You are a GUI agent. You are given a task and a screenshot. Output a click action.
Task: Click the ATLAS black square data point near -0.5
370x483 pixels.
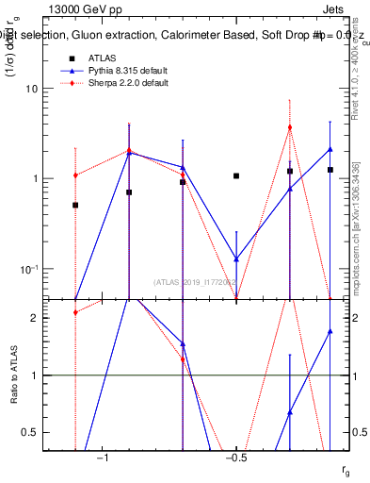point(236,176)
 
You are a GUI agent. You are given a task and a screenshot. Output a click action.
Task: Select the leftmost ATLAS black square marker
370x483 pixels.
point(75,205)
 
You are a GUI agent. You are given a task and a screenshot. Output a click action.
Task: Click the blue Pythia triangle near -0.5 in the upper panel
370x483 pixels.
point(236,258)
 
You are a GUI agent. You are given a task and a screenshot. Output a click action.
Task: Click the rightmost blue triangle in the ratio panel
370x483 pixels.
point(330,331)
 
